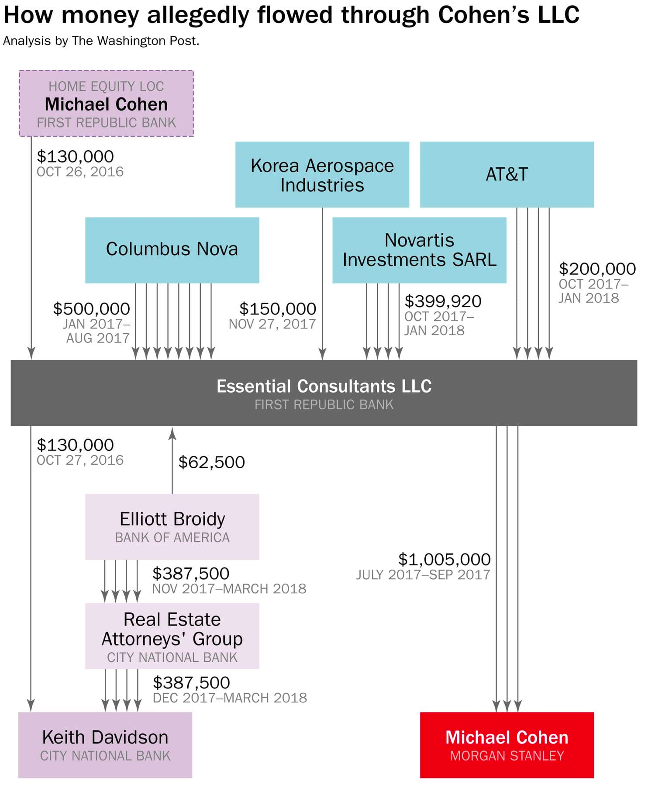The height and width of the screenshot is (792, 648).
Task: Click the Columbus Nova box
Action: pos(172,250)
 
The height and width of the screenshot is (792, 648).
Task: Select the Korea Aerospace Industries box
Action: pos(322,174)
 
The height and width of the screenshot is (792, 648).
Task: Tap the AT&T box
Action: pos(507,174)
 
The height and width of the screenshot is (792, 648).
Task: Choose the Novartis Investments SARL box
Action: pos(419,250)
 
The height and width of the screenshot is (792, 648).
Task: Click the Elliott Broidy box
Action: pos(172,527)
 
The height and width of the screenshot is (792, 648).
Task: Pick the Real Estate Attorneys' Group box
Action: pos(172,636)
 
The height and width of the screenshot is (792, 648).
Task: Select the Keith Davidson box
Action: pos(105,745)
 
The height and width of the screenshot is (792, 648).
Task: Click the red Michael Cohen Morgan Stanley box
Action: pos(507,745)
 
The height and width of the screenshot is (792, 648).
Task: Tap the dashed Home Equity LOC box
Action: pos(106,104)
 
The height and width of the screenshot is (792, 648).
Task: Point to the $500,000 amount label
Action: pos(92,309)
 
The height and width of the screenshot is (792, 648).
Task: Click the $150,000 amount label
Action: pos(278,309)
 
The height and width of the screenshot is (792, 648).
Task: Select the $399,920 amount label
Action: pos(443,301)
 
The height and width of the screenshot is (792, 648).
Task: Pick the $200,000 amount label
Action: pos(597,269)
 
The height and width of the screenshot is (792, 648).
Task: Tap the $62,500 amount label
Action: pos(212,462)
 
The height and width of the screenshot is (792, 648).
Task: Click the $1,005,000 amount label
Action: pos(445,560)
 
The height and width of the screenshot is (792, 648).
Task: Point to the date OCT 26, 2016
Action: pos(80,172)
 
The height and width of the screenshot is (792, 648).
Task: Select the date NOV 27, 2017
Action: pos(272,324)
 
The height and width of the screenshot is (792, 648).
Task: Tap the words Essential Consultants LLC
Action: pos(324,386)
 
